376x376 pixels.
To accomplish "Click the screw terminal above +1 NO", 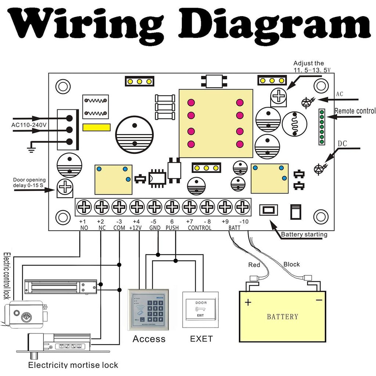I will pyautogui.click(x=84, y=207).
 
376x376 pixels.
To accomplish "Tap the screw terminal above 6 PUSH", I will pyautogui.click(x=172, y=207).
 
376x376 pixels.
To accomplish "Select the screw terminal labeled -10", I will pyautogui.click(x=242, y=207).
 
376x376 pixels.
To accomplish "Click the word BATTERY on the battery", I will pyautogui.click(x=282, y=317).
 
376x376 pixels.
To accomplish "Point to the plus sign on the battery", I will pyautogui.click(x=249, y=303).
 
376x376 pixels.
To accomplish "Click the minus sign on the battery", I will pyautogui.click(x=319, y=300).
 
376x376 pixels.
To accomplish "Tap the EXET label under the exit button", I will pyautogui.click(x=201, y=339).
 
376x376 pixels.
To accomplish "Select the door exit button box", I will pyautogui.click(x=200, y=310).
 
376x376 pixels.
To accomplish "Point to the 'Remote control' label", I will pyautogui.click(x=355, y=111).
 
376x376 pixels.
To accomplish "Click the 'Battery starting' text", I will pyautogui.click(x=304, y=235).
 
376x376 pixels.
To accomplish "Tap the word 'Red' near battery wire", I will pyautogui.click(x=254, y=265).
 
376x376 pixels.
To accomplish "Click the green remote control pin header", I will pyautogui.click(x=322, y=126).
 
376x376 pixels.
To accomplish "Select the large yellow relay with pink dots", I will pyautogui.click(x=216, y=123).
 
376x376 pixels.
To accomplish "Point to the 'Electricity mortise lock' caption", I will pyautogui.click(x=73, y=365).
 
